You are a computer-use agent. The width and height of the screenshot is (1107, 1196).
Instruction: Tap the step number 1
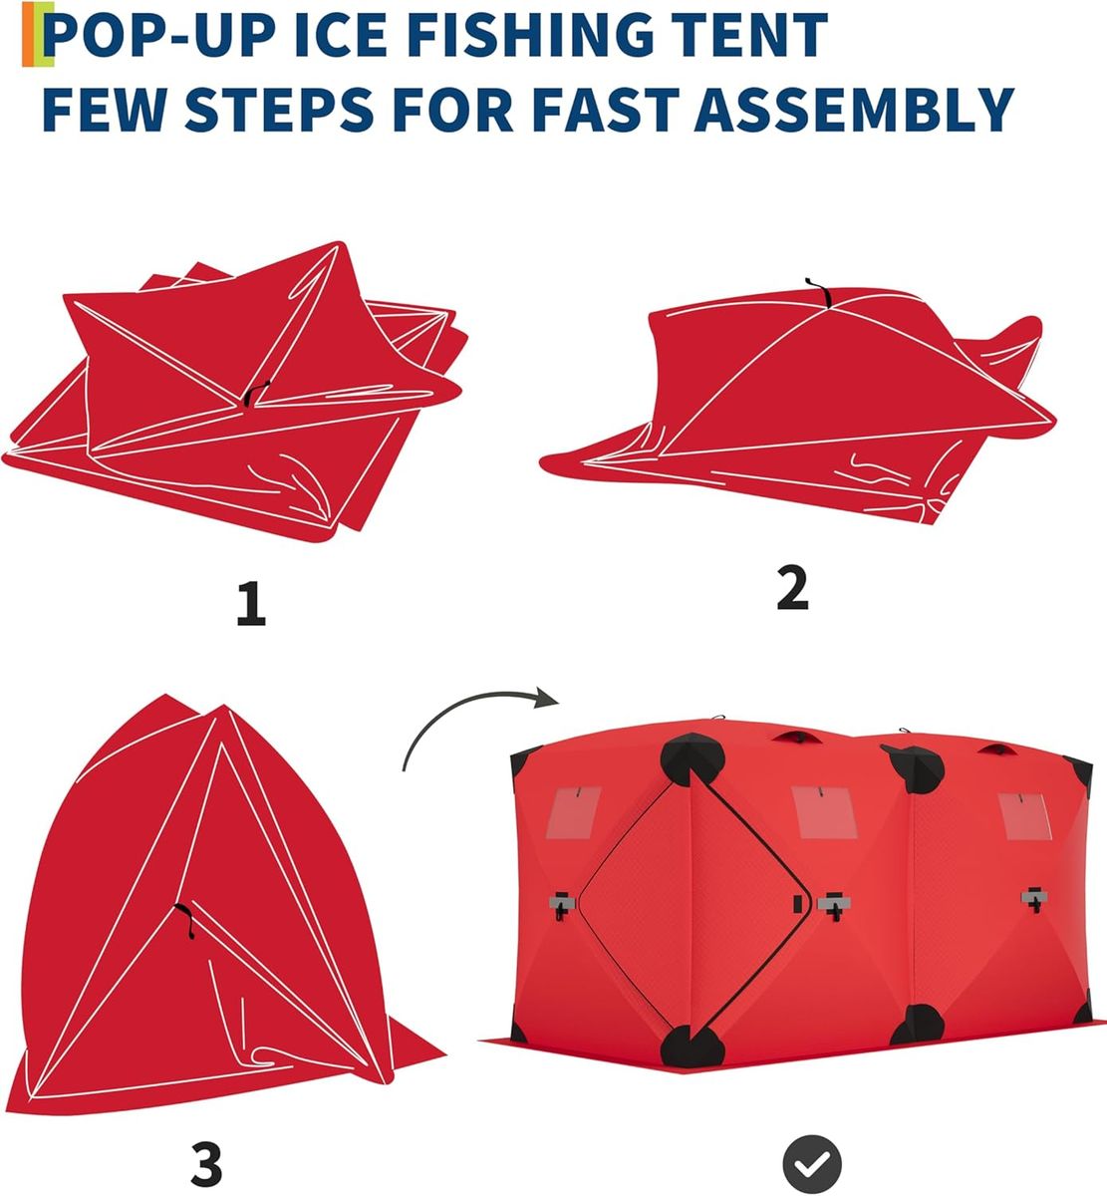click(251, 604)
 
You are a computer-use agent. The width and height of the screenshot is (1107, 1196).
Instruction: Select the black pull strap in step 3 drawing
click(186, 921)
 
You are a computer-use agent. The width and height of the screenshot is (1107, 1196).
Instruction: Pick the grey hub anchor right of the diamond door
click(834, 905)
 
